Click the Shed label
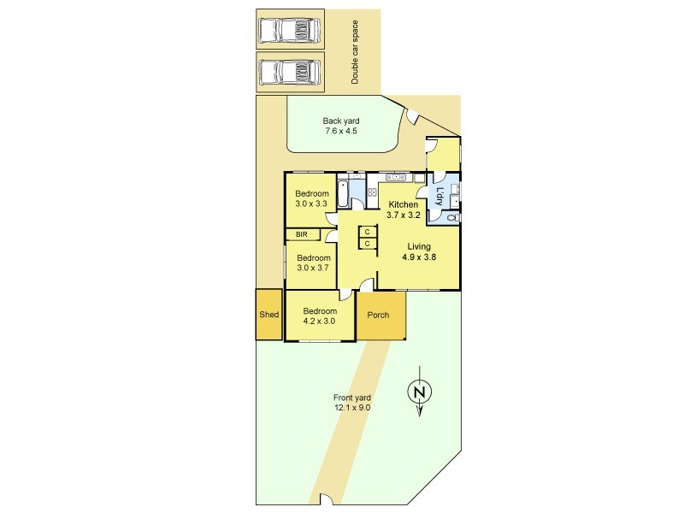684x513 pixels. point(268,315)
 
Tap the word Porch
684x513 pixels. point(378,315)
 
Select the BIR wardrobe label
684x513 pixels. point(302,234)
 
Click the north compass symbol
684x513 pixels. point(419,392)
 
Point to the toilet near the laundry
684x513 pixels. point(454,218)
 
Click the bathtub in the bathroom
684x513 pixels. point(343,194)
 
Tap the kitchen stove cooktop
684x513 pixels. point(372,192)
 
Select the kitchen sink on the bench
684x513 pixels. point(396,177)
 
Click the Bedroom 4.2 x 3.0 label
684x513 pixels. point(320,316)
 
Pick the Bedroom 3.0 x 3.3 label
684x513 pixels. point(311,198)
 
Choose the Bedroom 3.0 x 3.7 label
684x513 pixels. point(313,262)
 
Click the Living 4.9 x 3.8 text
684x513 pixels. point(419,251)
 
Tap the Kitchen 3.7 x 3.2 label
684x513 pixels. point(403,209)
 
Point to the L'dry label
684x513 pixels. point(439,197)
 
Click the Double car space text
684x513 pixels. point(355,52)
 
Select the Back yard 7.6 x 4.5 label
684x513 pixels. point(341,126)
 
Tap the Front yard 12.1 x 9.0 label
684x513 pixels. point(352,403)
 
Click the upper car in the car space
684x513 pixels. point(290,31)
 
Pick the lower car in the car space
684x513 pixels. point(290,73)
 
